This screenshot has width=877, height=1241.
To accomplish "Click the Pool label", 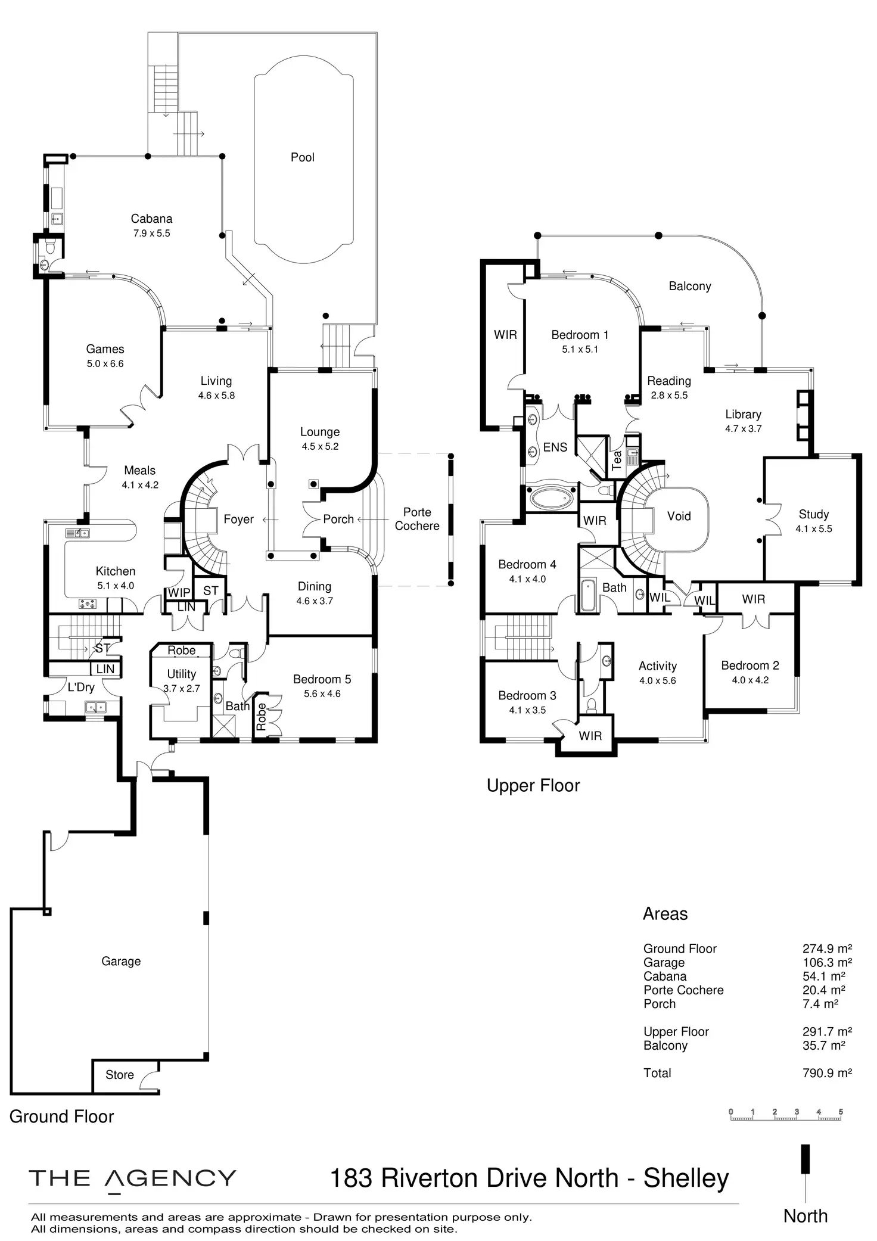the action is click(302, 157).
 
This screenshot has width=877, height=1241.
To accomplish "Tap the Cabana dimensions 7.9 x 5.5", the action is click(151, 234).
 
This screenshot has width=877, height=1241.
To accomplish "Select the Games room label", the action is click(105, 349).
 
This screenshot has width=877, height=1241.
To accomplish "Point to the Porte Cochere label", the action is click(417, 519).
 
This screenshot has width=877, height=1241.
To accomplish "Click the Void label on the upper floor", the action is click(679, 517).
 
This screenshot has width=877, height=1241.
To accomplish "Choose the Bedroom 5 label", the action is click(322, 679).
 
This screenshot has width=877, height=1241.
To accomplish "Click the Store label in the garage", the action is click(119, 1075).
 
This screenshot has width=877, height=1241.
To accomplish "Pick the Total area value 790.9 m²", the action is click(827, 1073).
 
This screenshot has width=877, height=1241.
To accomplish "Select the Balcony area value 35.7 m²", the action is click(827, 1046).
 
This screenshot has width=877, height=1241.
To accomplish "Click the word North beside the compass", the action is click(806, 1216).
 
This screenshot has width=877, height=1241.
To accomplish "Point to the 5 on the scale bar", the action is click(841, 1112).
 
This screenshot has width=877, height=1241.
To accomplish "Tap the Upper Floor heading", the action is click(533, 786).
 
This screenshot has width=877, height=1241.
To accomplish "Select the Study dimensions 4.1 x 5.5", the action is click(813, 529).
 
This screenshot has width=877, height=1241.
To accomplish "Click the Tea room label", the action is click(617, 459).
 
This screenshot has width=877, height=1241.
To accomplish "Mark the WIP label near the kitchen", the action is click(179, 593).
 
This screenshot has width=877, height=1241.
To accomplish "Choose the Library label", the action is click(743, 414).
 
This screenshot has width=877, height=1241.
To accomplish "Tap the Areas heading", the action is click(665, 914).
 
